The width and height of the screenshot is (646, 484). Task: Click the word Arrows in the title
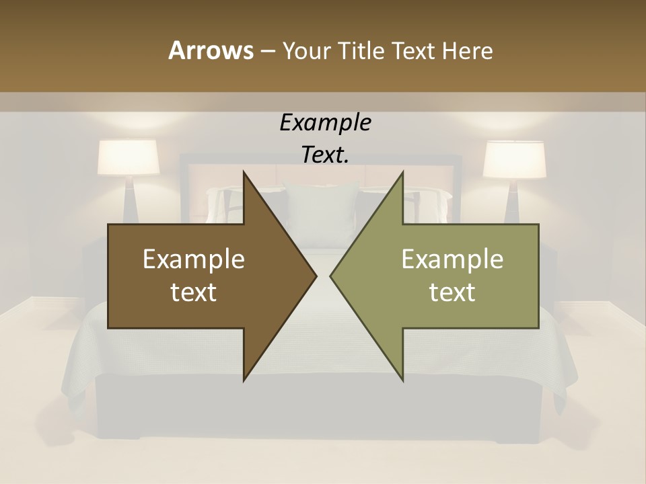click(x=210, y=50)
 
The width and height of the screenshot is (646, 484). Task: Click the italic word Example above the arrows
click(x=325, y=123)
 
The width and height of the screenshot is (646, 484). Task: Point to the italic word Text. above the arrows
click(x=325, y=155)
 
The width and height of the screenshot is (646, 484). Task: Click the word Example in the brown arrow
click(x=194, y=259)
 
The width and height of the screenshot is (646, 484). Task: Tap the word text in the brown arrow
click(x=194, y=292)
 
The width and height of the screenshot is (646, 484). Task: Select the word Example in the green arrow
click(x=452, y=259)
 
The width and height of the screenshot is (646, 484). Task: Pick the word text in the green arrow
click(x=452, y=292)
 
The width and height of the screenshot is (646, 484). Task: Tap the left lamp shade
click(x=129, y=157)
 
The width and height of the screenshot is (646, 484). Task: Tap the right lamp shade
click(x=515, y=159)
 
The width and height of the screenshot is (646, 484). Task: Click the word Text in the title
click(x=414, y=50)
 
